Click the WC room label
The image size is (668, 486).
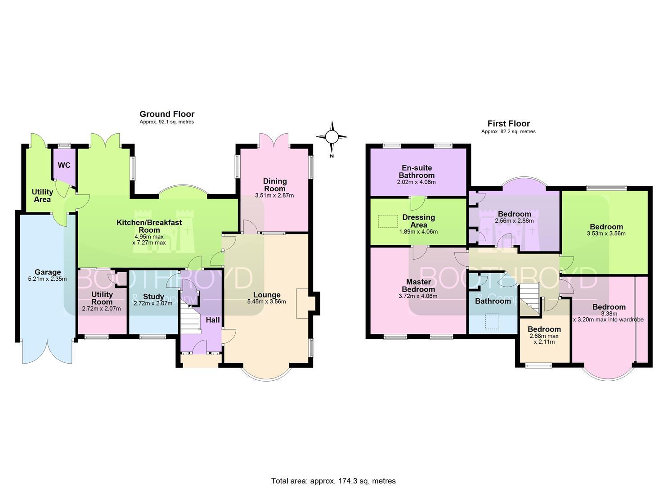pyautogui.click(x=64, y=165)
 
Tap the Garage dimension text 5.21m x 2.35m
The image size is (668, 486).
pyautogui.click(x=47, y=279)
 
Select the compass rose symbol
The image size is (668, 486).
pyautogui.click(x=332, y=137)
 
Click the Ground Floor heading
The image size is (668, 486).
pyautogui.click(x=167, y=114)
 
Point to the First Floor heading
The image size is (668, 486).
pyautogui.click(x=509, y=123)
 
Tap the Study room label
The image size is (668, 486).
pyautogui.click(x=153, y=297)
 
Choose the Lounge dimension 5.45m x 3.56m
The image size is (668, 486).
pyautogui.click(x=267, y=301)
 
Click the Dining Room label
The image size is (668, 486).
pyautogui.click(x=275, y=185)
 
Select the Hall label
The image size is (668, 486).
pyautogui.click(x=213, y=320)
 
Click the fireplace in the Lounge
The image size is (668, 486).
pyautogui.click(x=302, y=303)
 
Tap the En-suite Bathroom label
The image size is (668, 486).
pyautogui.click(x=417, y=171)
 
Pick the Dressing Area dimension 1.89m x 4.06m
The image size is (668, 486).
pyautogui.click(x=418, y=231)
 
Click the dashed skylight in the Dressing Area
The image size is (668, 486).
pyautogui.click(x=388, y=221)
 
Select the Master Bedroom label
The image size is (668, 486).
pyautogui.click(x=418, y=285)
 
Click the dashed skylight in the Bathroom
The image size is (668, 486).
pyautogui.click(x=493, y=321)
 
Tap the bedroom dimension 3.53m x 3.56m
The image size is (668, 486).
pyautogui.click(x=606, y=234)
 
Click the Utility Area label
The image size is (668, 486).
pyautogui.click(x=42, y=196)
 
